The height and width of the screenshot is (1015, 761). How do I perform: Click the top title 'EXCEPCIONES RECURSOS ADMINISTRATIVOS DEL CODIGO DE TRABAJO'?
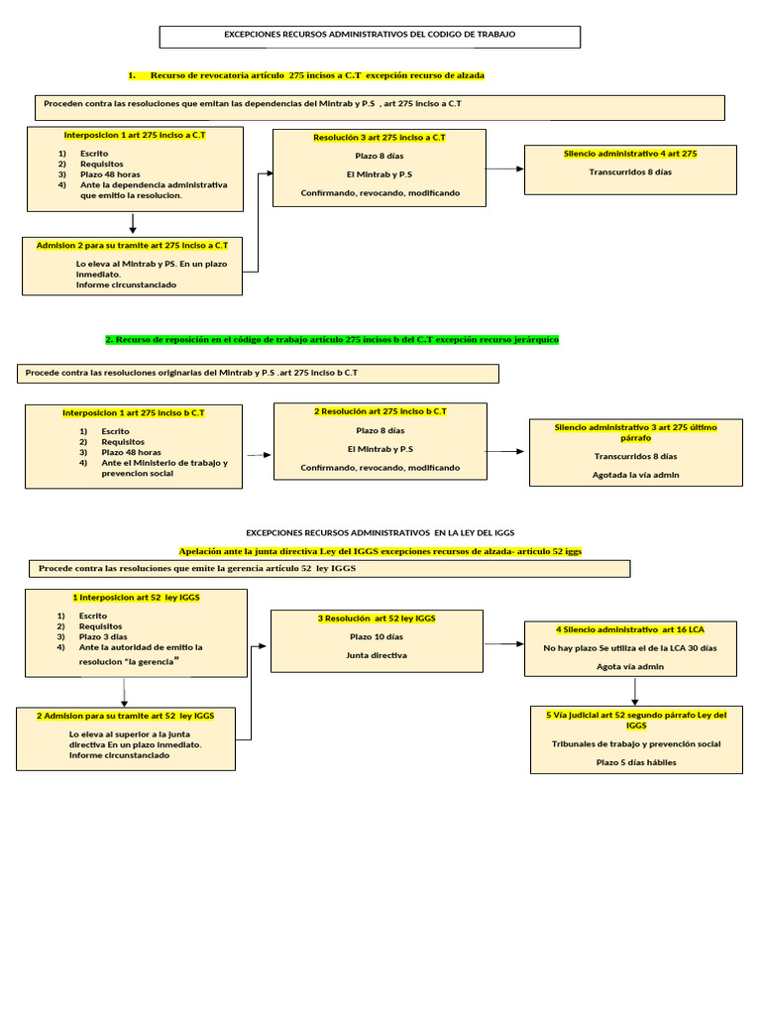click(x=371, y=35)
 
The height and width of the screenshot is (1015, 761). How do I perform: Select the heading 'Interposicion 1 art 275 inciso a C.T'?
click(x=135, y=134)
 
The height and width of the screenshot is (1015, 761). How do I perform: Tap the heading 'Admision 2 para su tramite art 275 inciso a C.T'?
click(x=132, y=244)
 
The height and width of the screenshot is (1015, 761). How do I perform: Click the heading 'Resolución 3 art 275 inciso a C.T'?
click(x=380, y=138)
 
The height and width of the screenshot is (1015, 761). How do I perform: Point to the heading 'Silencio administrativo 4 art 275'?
click(x=630, y=154)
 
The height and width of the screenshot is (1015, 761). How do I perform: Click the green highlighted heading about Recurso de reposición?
click(x=332, y=339)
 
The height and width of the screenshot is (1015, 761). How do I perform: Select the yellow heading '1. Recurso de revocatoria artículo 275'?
click(x=307, y=75)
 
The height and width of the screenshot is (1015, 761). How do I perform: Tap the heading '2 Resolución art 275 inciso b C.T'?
click(x=380, y=410)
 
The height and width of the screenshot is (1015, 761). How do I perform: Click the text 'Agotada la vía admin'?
click(x=636, y=475)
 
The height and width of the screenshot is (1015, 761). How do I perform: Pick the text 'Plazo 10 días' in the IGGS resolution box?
click(x=377, y=636)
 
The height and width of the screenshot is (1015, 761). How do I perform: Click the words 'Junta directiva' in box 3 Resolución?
click(x=377, y=655)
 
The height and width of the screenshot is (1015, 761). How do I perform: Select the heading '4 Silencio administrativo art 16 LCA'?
click(x=630, y=629)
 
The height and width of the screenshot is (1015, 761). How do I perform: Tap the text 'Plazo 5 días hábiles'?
click(x=636, y=762)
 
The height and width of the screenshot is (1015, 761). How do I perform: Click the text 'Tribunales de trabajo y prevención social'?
click(x=636, y=743)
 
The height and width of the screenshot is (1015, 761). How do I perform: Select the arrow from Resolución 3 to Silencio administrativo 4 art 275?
click(x=505, y=169)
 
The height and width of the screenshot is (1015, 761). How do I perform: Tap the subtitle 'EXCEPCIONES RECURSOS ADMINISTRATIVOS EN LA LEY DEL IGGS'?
click(x=380, y=532)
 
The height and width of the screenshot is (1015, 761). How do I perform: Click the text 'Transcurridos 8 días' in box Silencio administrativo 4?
click(x=630, y=172)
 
